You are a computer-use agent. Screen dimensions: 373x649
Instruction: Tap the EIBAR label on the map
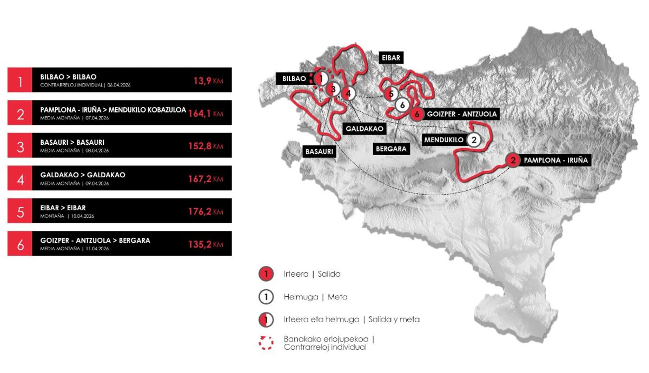tap(390, 58)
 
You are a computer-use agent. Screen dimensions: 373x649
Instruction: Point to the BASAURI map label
tap(319, 152)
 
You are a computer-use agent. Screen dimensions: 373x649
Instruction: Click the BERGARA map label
tap(392, 149)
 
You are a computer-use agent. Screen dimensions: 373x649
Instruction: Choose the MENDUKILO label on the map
tap(443, 139)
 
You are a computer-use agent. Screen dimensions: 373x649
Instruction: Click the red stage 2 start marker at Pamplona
tap(513, 160)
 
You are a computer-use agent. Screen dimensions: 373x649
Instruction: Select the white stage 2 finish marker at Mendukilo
tap(474, 139)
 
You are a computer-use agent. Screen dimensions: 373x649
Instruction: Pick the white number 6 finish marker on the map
tap(402, 105)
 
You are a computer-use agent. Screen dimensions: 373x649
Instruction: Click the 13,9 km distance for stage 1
tap(208, 81)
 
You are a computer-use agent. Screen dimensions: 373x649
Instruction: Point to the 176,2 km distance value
tap(208, 211)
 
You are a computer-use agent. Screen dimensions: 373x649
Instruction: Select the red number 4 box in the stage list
tap(21, 178)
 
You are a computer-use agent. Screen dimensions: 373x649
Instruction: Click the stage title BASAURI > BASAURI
tap(72, 142)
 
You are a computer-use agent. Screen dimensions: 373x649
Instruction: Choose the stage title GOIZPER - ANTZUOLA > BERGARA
tap(95, 240)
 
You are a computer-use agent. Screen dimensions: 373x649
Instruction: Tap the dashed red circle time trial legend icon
tap(266, 343)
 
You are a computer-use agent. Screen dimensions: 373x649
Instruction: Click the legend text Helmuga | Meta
tap(315, 297)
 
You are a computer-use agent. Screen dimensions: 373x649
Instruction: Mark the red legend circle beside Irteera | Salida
tap(266, 274)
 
